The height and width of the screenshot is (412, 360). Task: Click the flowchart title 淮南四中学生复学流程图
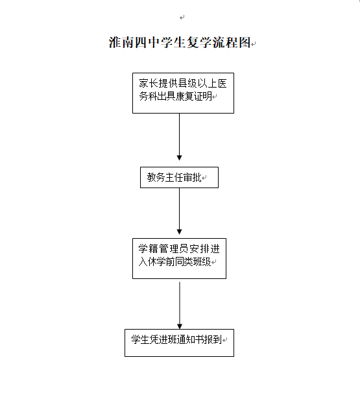click(x=180, y=42)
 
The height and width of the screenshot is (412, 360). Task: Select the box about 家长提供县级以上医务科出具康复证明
click(x=183, y=93)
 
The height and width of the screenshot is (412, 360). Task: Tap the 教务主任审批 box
click(x=179, y=177)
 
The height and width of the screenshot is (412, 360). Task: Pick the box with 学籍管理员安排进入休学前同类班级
click(x=179, y=258)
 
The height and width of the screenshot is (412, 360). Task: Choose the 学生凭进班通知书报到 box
click(x=179, y=343)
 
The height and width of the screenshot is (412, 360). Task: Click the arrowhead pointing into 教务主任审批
click(x=180, y=158)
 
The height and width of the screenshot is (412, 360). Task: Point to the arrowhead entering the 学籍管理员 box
click(x=180, y=232)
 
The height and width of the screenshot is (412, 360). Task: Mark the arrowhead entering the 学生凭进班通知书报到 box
click(x=180, y=326)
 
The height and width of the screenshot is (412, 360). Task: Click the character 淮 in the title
click(x=115, y=42)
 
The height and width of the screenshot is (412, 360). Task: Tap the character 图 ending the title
click(x=245, y=42)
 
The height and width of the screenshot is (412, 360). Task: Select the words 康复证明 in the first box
click(x=194, y=97)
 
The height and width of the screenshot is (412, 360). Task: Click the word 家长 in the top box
click(x=149, y=84)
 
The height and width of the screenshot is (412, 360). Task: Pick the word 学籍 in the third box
click(x=148, y=248)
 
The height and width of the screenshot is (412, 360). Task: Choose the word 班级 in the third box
click(x=202, y=261)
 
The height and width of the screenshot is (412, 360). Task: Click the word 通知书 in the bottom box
click(x=191, y=340)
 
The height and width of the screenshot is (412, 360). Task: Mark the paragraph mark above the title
click(x=182, y=18)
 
